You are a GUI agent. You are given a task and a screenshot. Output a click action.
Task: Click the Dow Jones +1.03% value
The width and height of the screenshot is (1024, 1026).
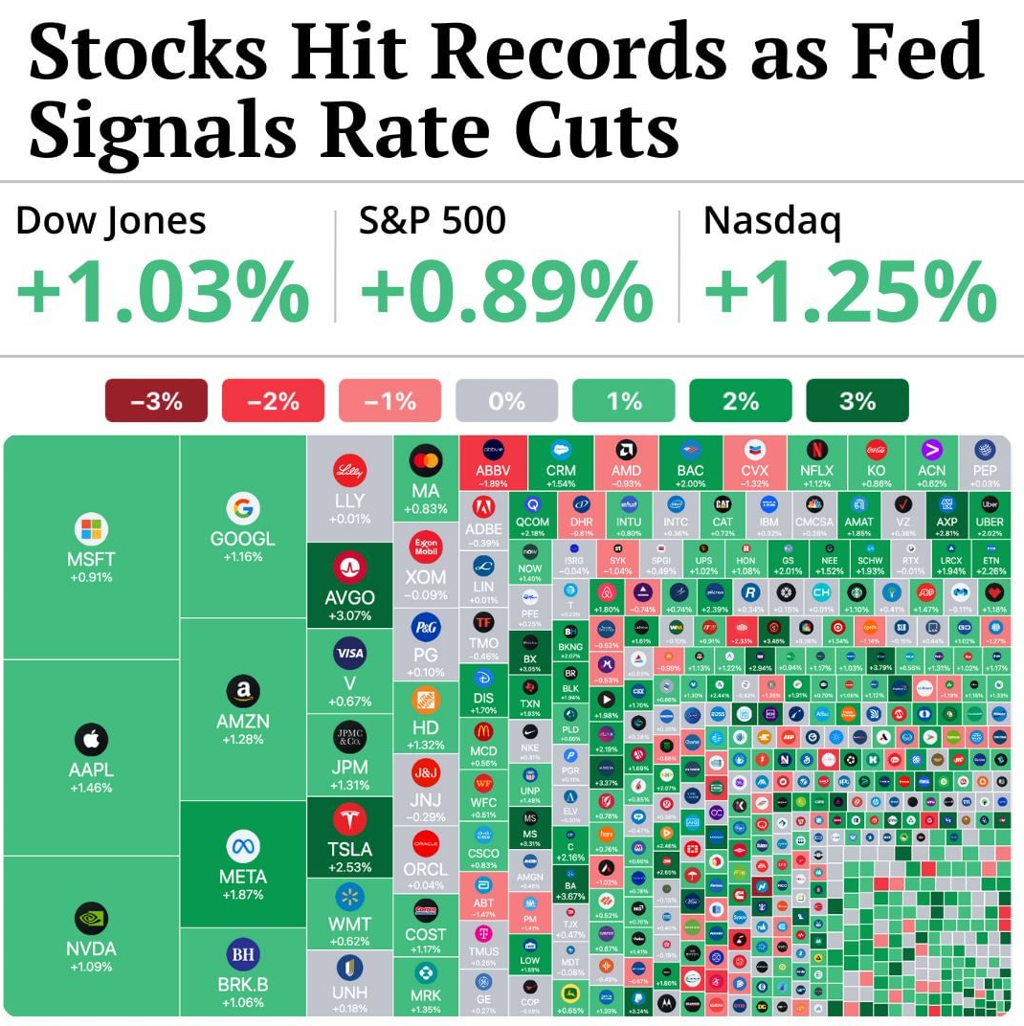[x=162, y=292]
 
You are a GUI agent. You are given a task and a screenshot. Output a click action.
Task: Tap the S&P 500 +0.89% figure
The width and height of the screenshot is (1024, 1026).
[x=506, y=292]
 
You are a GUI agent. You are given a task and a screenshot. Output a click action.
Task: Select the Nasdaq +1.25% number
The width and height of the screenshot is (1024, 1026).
[x=850, y=292]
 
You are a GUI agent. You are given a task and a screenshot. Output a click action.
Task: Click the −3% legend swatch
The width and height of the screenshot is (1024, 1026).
[x=156, y=401]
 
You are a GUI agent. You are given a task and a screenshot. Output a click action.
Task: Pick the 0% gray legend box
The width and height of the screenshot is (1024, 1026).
[x=506, y=401]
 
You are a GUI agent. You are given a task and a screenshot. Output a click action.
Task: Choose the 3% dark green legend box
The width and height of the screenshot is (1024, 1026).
[x=857, y=401]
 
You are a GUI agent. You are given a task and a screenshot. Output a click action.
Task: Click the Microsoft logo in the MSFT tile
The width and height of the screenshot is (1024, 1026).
[x=91, y=529]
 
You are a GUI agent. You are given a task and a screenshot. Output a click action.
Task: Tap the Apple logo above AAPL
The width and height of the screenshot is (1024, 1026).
[x=91, y=740]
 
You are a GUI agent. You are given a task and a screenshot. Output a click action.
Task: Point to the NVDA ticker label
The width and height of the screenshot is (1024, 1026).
[x=91, y=948]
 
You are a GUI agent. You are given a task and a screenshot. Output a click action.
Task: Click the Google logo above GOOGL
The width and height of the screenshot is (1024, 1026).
[x=242, y=508]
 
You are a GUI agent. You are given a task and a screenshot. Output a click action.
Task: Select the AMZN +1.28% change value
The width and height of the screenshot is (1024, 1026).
[x=242, y=740]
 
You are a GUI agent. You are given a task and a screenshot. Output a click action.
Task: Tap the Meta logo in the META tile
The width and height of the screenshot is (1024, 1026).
[x=242, y=846]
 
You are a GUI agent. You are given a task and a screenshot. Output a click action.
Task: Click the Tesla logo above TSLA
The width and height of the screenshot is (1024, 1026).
[x=349, y=819]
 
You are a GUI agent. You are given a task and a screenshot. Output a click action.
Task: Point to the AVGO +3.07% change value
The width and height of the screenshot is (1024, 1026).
[x=349, y=615]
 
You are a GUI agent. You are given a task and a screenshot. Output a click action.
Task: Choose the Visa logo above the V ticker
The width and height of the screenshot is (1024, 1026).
[x=349, y=654]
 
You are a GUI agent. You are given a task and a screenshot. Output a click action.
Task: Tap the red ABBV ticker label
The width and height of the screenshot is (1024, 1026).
[x=493, y=470]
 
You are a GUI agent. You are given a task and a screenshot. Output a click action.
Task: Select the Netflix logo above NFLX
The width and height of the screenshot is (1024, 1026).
[x=816, y=449]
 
